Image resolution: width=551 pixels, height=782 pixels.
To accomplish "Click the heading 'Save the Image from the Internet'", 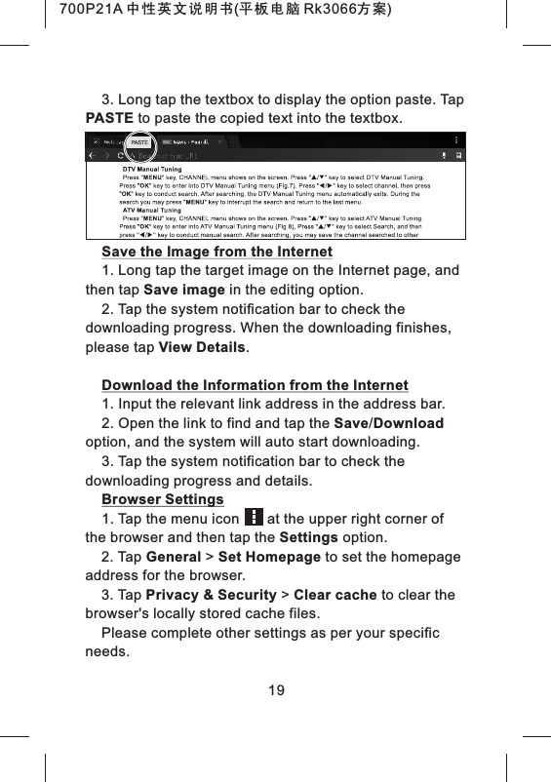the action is pos(217,252).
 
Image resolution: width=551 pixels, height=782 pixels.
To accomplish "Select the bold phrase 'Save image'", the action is pos(184,290).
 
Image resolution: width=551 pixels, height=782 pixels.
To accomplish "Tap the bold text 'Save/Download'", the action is pos(389,422).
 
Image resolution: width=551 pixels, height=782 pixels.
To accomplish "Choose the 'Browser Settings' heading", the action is pos(162,499).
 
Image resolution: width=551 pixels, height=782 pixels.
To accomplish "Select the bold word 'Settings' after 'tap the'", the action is pos(308,537).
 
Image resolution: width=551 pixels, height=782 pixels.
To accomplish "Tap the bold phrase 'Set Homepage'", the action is pos(269,557).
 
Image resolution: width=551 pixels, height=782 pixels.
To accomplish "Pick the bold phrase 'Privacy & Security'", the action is pos(211,595).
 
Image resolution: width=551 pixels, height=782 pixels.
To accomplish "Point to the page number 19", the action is pos(276,691).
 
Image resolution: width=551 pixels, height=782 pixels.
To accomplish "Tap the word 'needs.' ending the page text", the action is pos(107,651).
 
